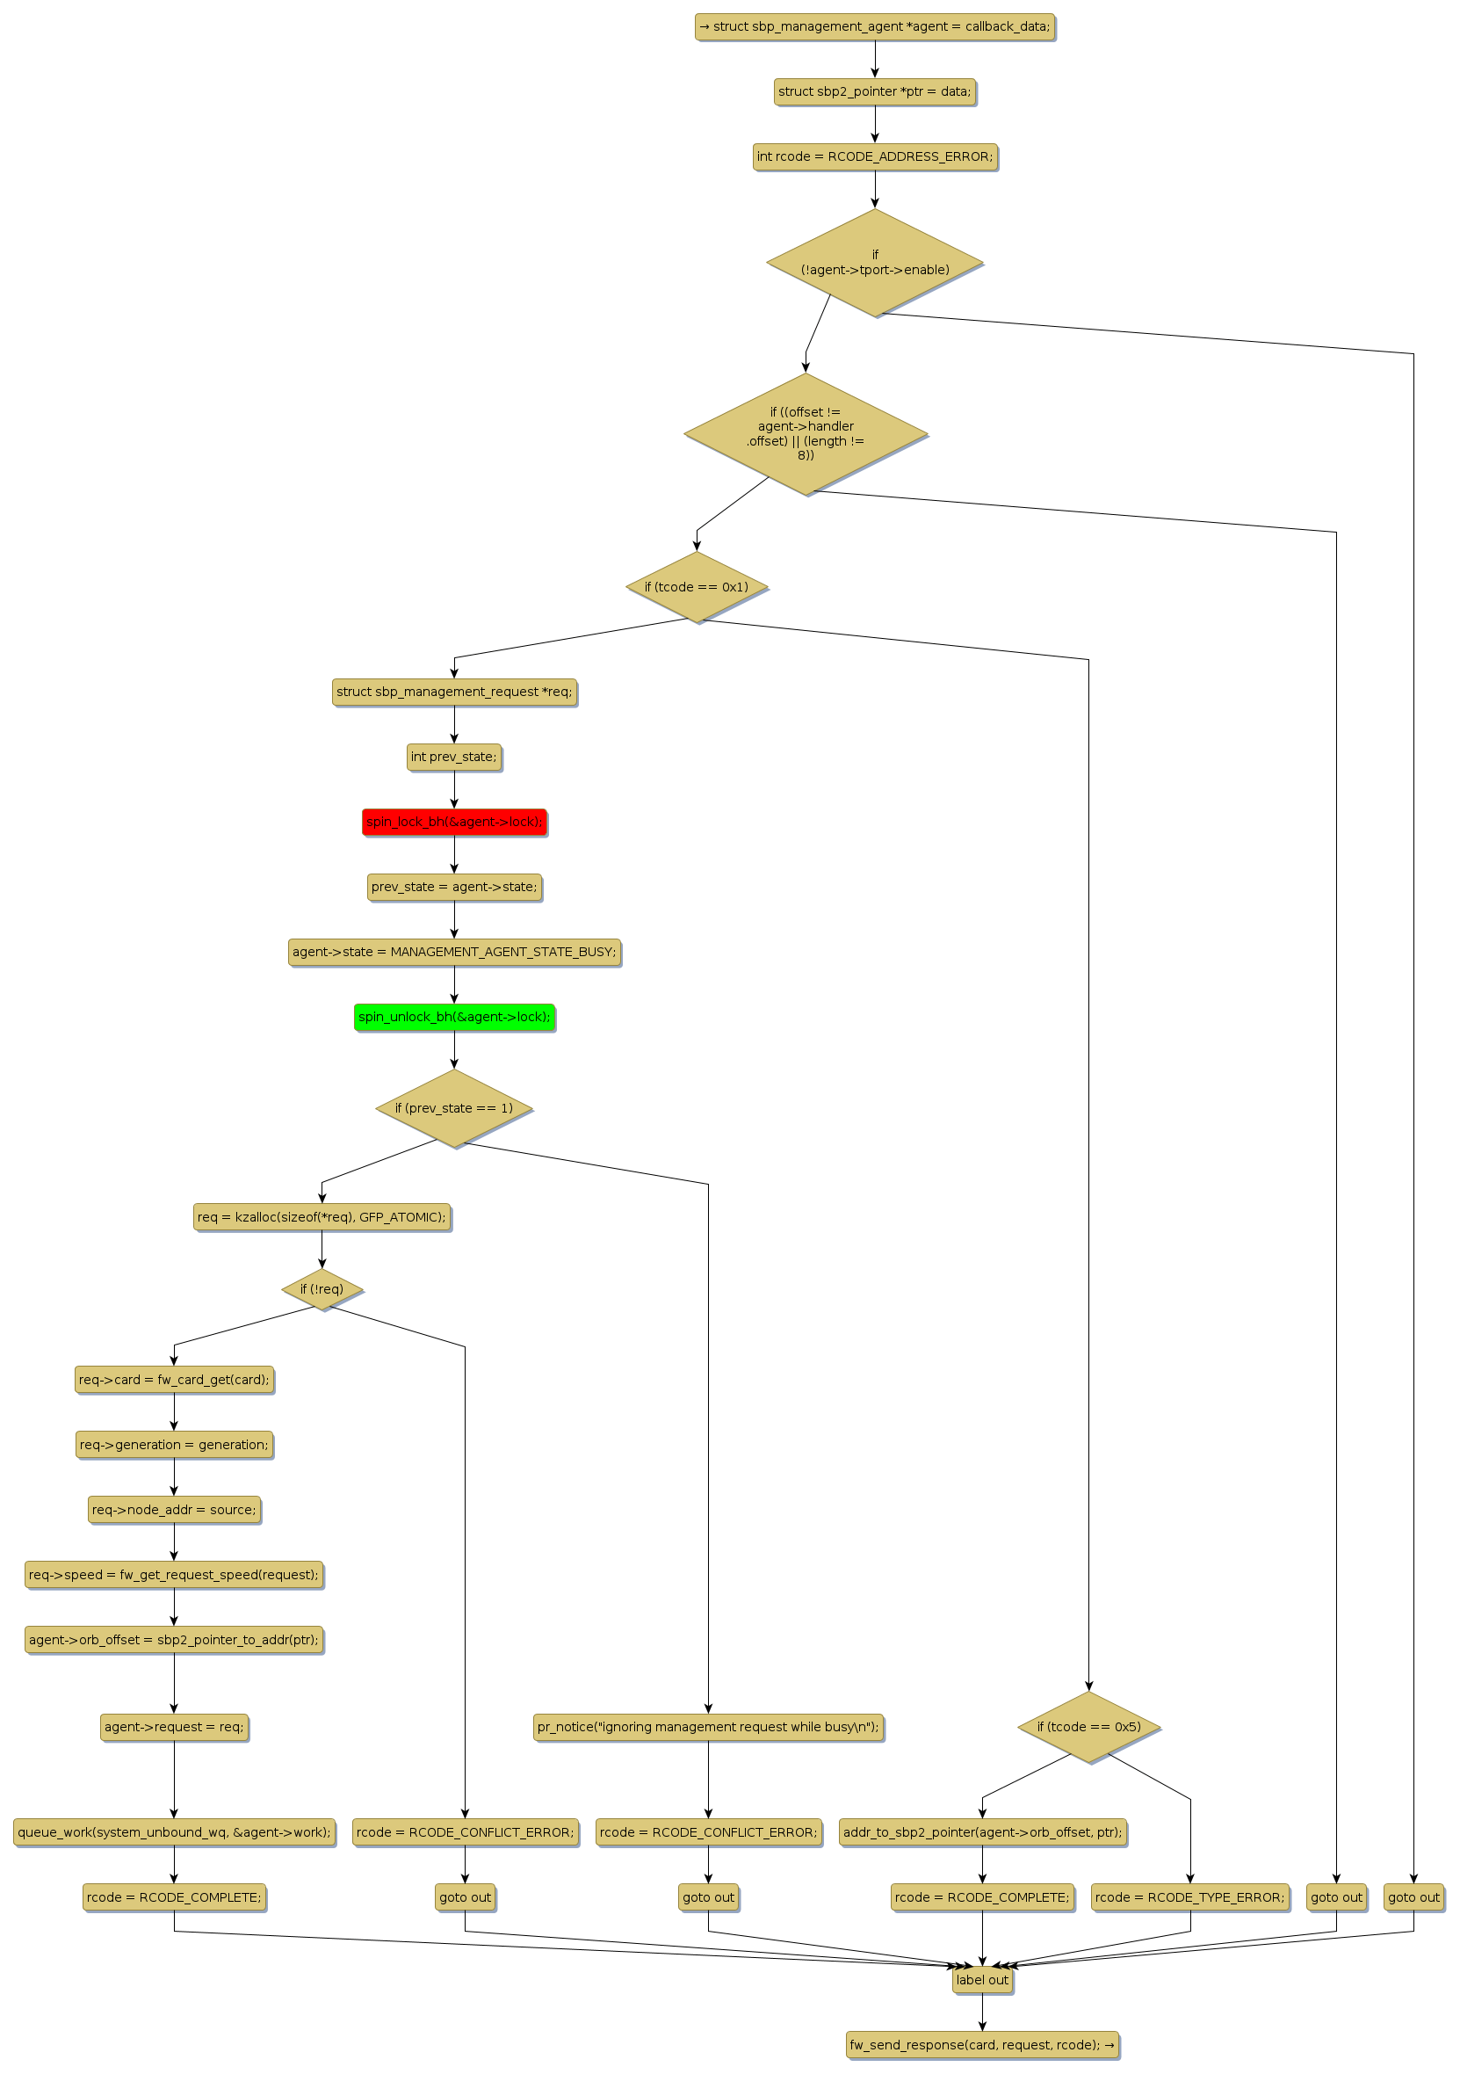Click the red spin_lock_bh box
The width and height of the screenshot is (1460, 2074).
coord(454,822)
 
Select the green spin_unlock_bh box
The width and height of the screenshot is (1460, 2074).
coord(454,1017)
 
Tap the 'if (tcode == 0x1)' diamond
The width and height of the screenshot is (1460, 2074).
coord(696,587)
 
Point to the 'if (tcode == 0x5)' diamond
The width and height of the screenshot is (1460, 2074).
coord(1088,1727)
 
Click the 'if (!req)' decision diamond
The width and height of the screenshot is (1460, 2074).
coord(322,1289)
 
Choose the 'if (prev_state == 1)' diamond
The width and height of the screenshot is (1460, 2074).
coord(454,1108)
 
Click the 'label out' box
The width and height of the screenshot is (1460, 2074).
coord(981,1980)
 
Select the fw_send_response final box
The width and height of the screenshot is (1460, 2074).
coord(981,2045)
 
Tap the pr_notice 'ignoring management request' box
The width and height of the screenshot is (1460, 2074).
coord(708,1727)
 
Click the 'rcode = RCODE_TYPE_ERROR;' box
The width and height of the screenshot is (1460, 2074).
coord(1189,1897)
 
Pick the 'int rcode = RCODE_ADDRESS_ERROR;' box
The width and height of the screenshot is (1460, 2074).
coord(874,157)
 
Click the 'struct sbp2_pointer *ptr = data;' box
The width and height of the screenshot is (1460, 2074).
coord(874,92)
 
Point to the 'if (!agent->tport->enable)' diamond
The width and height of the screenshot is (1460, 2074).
coord(874,263)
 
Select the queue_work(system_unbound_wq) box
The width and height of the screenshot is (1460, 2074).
coord(174,1832)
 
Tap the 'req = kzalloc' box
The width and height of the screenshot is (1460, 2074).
coord(322,1217)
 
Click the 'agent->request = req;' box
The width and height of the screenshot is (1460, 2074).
coord(174,1727)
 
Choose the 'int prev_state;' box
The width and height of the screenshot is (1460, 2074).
coord(454,757)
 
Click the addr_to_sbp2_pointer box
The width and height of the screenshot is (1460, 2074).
coord(981,1832)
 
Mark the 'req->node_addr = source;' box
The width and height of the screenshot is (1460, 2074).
coord(174,1510)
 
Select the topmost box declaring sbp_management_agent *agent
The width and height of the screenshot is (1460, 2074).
coord(874,27)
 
